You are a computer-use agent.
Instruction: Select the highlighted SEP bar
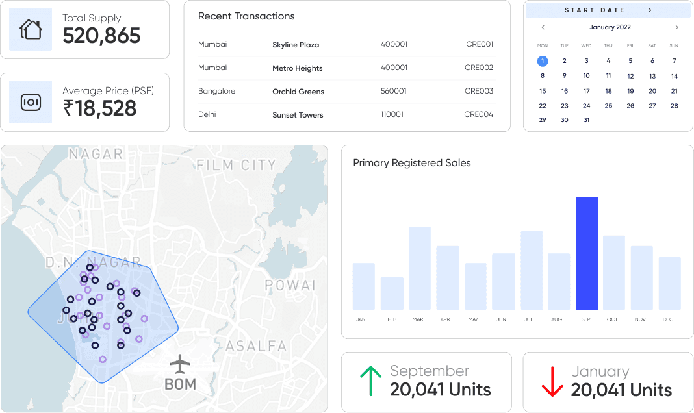pos(586,253)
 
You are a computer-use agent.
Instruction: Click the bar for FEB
pos(392,294)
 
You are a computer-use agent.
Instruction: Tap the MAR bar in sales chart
pos(420,268)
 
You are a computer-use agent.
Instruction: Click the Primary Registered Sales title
pos(411,163)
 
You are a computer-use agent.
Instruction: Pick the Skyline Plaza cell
pos(296,45)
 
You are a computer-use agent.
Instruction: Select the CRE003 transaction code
pos(479,92)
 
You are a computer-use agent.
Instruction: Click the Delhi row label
pos(207,114)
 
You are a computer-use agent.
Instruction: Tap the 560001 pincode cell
pos(394,92)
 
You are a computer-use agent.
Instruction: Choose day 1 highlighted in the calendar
pos(543,61)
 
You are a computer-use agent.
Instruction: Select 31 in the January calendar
pos(586,120)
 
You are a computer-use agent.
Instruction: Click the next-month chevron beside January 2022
pos(676,27)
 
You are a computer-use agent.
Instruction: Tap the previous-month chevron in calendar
pos(543,27)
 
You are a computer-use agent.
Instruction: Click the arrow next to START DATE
pos(648,10)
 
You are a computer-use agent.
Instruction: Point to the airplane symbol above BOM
pos(180,363)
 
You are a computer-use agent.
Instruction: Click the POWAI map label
pos(290,285)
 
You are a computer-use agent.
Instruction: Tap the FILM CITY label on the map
pos(236,166)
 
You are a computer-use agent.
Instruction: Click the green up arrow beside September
pos(370,381)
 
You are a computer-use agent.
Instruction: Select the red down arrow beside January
pos(552,381)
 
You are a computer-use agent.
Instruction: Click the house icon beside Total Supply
pos(30,29)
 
